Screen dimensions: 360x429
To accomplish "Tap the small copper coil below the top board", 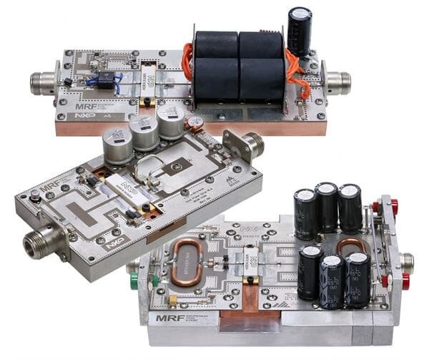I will pos(194,124).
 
